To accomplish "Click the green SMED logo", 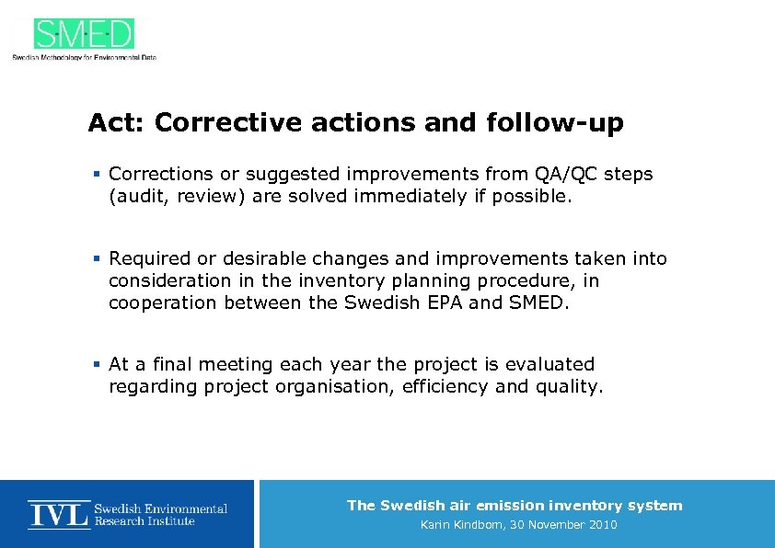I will click(84, 34).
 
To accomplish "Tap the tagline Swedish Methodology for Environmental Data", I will click(84, 57).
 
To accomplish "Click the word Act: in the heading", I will click(117, 123).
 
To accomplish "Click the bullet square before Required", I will click(97, 259).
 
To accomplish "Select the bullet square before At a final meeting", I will click(97, 365).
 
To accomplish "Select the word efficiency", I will click(445, 386).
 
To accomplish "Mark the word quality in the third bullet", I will click(567, 386).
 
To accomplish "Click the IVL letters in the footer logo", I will click(59, 513).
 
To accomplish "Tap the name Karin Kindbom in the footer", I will click(463, 525).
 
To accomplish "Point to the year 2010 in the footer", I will click(599, 525).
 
